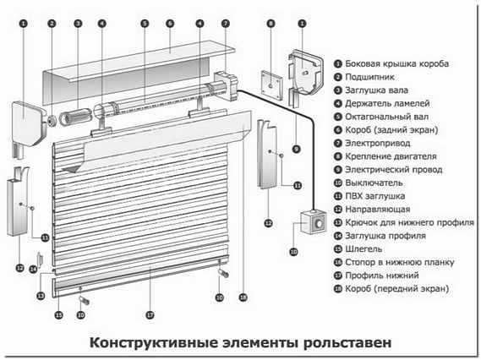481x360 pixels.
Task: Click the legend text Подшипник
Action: (x=369, y=77)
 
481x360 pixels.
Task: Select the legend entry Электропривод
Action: (x=378, y=143)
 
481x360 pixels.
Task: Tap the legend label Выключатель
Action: (x=374, y=183)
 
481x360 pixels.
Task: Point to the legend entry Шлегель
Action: (x=363, y=249)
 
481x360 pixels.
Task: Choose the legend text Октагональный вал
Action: (x=387, y=117)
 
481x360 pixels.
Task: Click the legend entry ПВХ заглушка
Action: (x=374, y=196)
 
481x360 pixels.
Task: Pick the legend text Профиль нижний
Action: (x=382, y=275)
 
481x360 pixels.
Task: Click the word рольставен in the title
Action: (x=347, y=342)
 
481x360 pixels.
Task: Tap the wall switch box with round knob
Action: (x=313, y=222)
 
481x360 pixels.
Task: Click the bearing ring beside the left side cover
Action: (x=52, y=121)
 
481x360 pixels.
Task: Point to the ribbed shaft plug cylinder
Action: (x=75, y=117)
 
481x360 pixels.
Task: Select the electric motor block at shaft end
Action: (x=226, y=85)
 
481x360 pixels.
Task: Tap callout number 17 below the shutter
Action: (x=150, y=315)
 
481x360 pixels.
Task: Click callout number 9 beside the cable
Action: (x=297, y=150)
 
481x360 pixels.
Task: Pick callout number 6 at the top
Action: (x=170, y=24)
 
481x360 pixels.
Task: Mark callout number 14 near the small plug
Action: (x=33, y=270)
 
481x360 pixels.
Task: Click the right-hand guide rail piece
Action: (x=267, y=155)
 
